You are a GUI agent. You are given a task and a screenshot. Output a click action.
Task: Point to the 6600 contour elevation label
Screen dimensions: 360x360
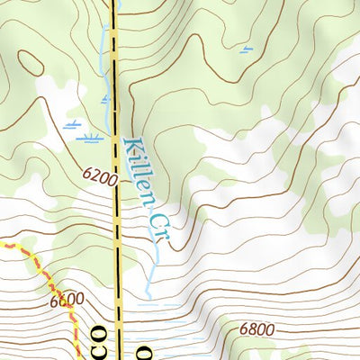(x=67, y=301)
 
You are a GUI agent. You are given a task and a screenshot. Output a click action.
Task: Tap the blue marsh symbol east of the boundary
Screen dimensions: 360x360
(x=246, y=49)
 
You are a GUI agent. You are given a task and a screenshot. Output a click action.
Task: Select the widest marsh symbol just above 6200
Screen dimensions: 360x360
(x=88, y=139)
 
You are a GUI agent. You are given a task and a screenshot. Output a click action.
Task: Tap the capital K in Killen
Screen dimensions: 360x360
(x=131, y=146)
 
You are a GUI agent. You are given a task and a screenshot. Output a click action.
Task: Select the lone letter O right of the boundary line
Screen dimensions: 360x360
(x=142, y=349)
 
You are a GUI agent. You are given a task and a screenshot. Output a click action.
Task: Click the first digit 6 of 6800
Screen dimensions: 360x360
(x=244, y=330)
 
